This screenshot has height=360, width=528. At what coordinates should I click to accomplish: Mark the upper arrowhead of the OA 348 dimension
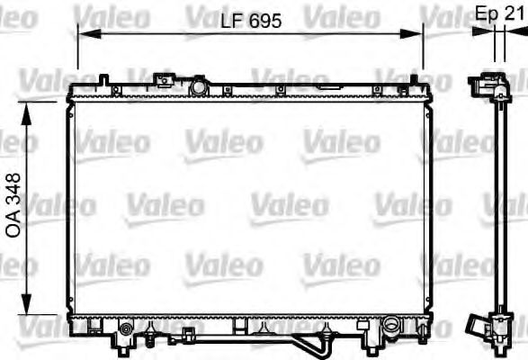[x=30, y=108]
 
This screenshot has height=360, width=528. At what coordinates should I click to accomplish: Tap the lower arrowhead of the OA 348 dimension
[x=30, y=306]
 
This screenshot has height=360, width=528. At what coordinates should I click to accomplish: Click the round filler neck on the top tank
[x=198, y=87]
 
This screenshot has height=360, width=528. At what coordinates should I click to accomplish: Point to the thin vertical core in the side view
[x=494, y=207]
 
